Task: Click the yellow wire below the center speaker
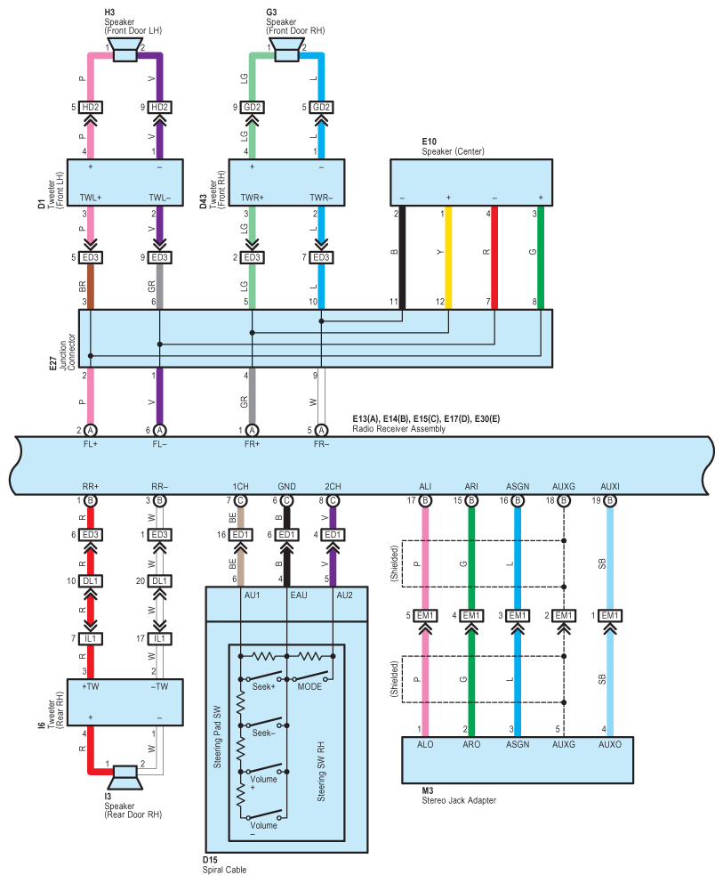coord(448,257)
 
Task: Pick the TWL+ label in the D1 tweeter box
coord(90,198)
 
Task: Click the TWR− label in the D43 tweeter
coord(321,198)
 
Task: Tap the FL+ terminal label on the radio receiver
coord(90,444)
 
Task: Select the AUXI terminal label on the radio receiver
coord(610,487)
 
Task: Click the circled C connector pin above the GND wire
coord(286,500)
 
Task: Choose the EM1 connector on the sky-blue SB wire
coord(610,615)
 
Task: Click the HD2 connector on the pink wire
coord(90,107)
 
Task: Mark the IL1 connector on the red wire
coord(90,638)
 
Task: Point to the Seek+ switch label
coord(263,687)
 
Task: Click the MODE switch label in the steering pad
coord(309,687)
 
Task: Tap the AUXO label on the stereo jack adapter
coord(610,744)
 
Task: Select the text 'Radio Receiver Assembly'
coord(399,429)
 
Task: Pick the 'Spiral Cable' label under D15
coord(224,870)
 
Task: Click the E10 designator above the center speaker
coord(430,142)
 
